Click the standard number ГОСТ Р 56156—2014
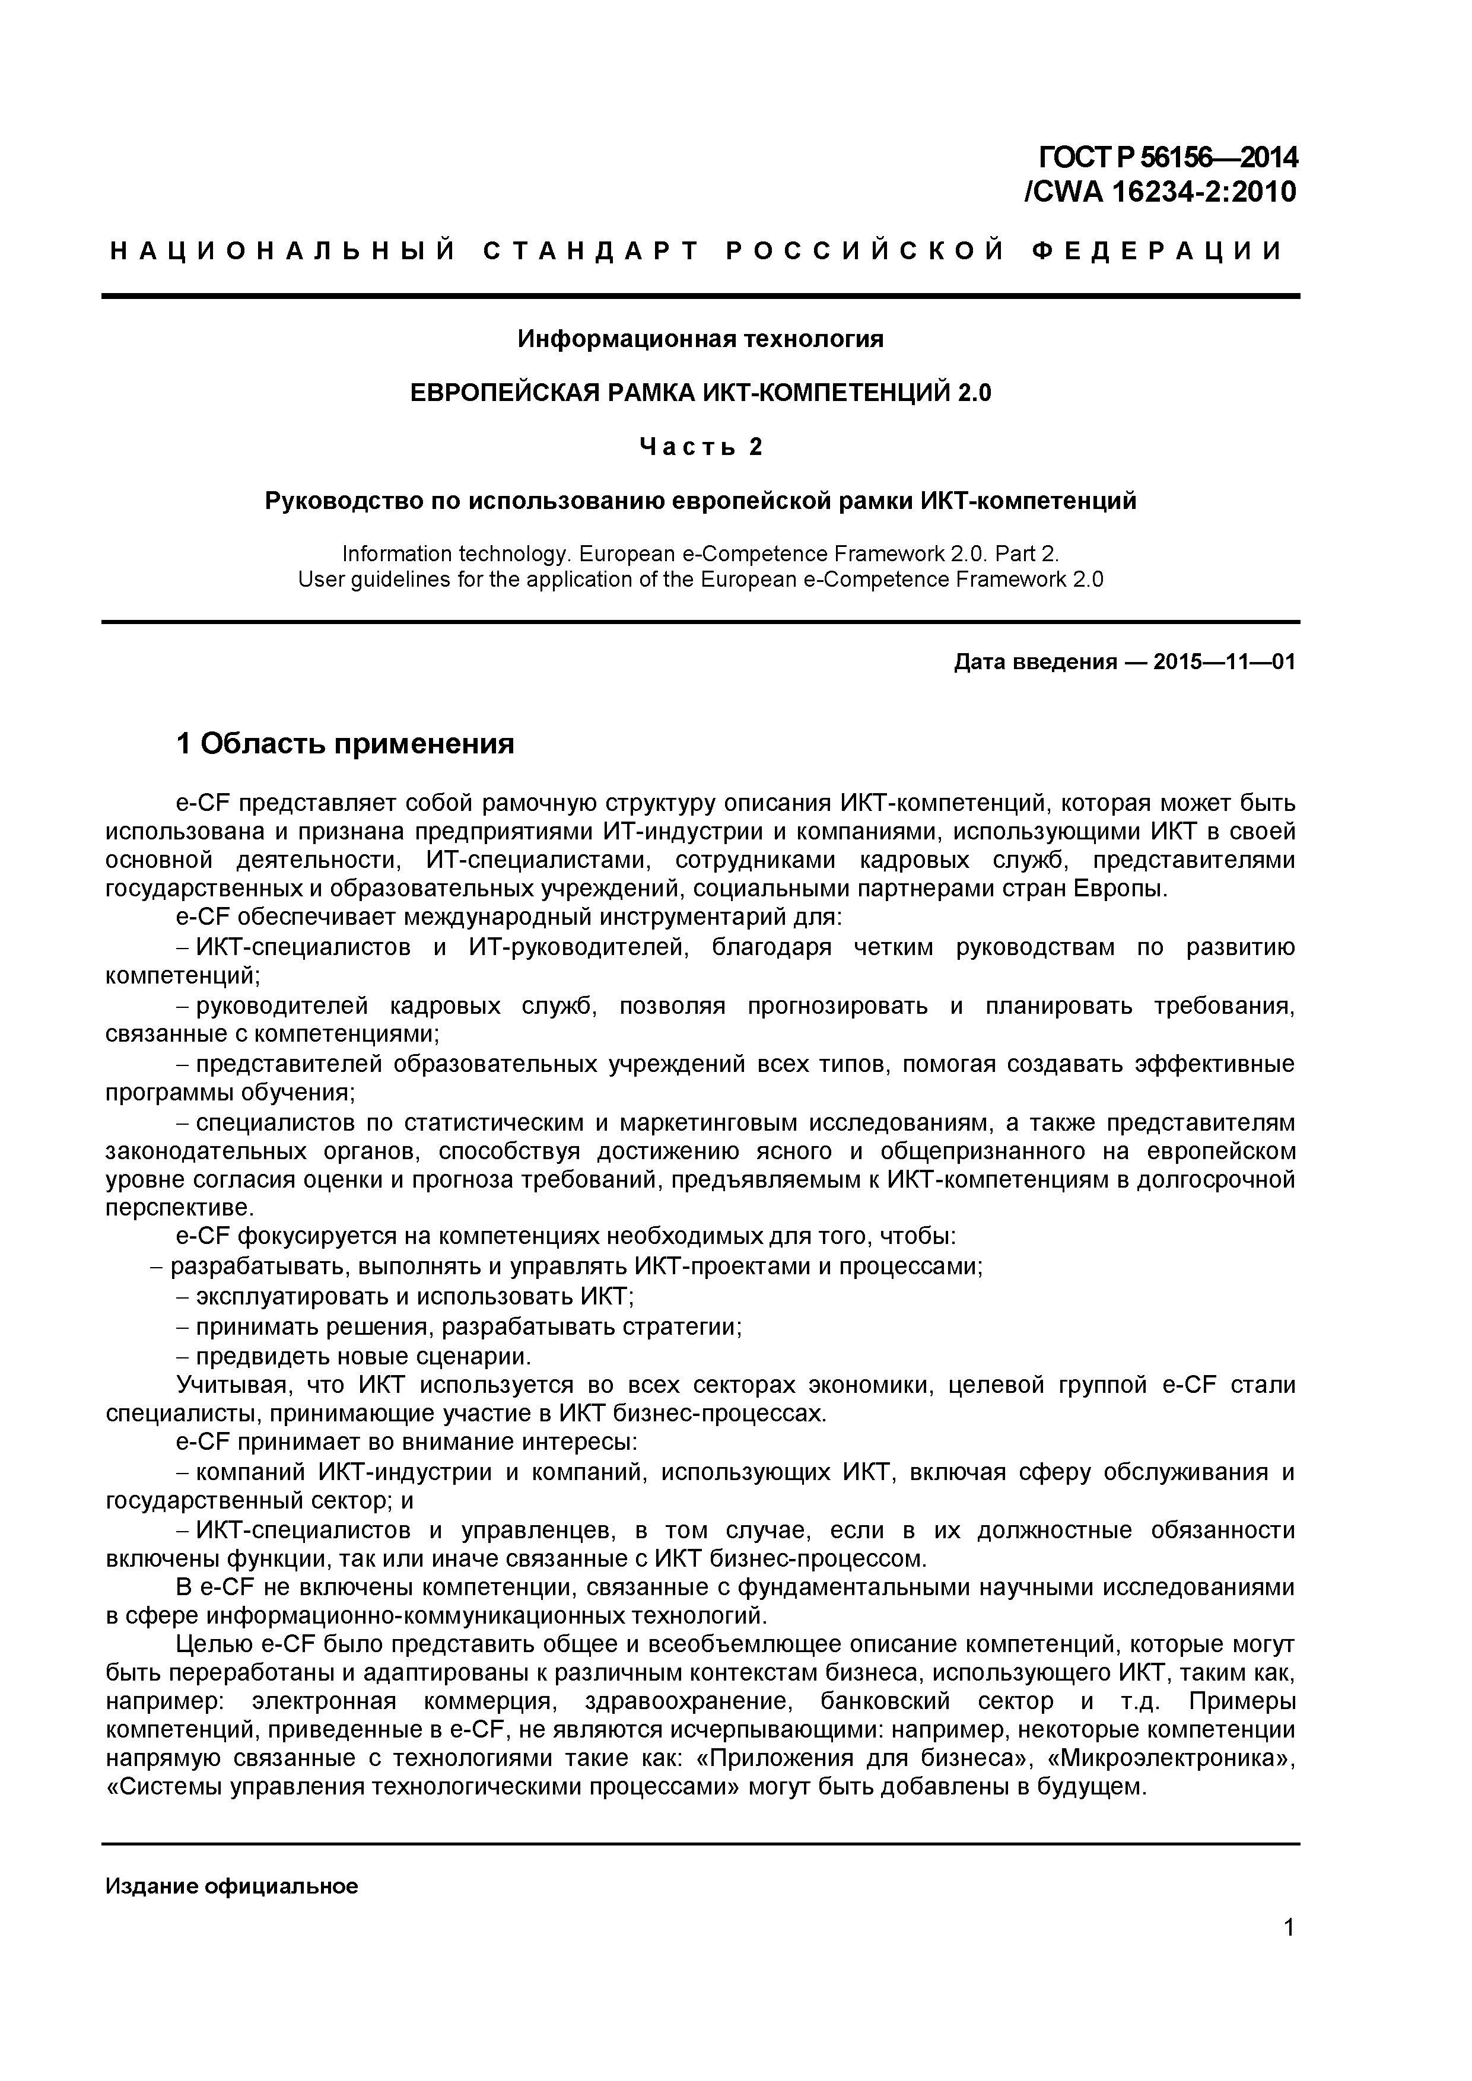point(1168,158)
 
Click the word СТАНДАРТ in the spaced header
point(591,251)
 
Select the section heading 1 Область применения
point(345,743)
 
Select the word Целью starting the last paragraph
point(214,1643)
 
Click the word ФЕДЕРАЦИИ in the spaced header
point(1158,251)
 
